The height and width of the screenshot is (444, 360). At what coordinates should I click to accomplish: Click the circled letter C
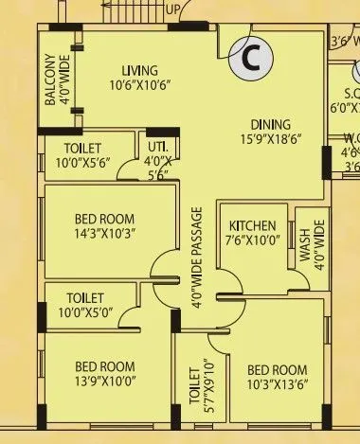pos(251,59)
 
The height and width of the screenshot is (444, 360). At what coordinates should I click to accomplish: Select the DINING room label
pos(270,124)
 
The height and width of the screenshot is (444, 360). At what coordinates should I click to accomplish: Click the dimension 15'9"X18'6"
pos(270,139)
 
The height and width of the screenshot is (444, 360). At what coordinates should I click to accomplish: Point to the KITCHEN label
pos(253,226)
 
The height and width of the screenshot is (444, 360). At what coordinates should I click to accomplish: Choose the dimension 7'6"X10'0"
pos(253,240)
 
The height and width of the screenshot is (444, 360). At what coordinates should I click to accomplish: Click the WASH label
pos(305,242)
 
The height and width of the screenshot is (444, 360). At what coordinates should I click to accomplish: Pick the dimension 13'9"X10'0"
pos(105,382)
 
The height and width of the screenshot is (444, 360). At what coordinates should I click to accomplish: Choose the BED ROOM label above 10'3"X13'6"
pos(277,369)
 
